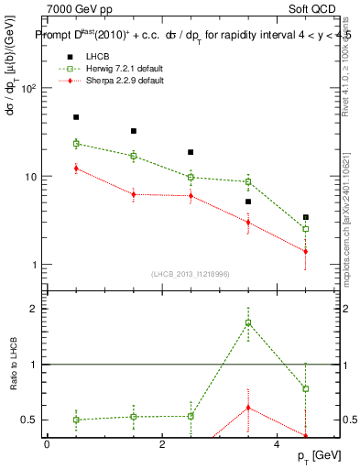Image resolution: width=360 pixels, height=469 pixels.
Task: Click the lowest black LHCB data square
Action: pos(306,217)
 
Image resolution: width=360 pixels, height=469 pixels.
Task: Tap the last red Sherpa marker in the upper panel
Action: pos(306,251)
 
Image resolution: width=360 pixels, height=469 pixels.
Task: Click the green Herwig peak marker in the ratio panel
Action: pos(248,322)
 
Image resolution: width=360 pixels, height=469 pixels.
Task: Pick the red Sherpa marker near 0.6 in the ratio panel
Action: pos(248,408)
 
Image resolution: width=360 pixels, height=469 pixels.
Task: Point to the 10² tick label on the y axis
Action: pos(28,88)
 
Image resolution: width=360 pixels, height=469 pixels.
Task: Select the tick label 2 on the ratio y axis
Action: pos(33,309)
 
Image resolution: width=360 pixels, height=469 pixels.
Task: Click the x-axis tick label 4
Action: pos(278,445)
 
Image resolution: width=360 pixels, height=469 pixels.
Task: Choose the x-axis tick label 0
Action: pos(47,445)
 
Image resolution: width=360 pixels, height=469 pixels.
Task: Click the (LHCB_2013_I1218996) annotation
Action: pos(192,274)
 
